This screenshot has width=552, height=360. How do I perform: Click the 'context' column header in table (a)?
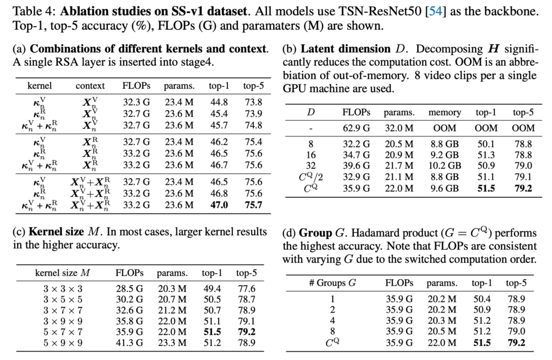tap(90, 86)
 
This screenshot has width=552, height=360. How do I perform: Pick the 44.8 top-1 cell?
tap(218, 102)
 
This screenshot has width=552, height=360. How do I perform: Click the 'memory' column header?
tap(444, 112)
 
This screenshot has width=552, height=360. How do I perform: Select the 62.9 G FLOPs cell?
tap(356, 128)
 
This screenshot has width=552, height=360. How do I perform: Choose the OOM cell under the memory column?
tap(444, 128)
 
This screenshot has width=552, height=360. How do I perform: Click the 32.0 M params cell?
tap(399, 128)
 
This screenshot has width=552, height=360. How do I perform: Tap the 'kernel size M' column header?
tap(62, 273)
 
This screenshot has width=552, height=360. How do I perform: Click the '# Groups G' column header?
tap(332, 283)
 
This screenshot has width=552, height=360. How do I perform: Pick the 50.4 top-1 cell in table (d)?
tap(481, 298)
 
